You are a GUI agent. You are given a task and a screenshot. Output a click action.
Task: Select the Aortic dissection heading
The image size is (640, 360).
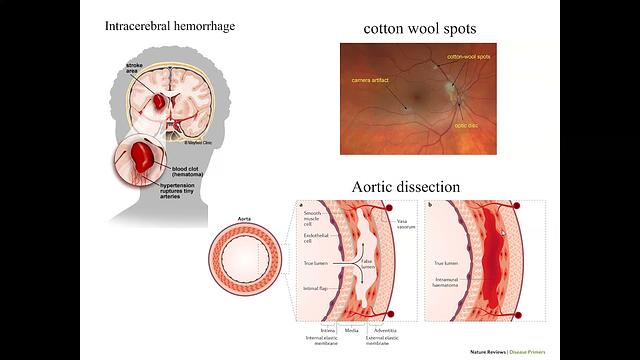pyautogui.click(x=406, y=187)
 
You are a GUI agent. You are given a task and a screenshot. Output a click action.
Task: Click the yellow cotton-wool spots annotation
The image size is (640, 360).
pyautogui.click(x=471, y=58)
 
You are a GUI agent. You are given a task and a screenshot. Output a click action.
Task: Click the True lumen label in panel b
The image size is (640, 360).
pyautogui.click(x=445, y=264)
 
